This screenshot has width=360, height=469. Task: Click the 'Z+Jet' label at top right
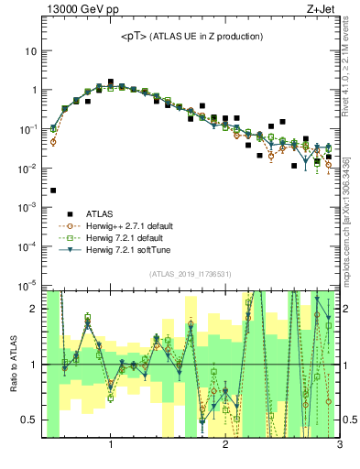321,10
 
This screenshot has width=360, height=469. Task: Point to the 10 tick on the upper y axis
30,51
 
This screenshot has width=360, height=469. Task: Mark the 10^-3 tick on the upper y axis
27,208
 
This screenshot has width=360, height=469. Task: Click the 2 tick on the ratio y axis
33,309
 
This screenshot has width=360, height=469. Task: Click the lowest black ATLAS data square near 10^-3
53,191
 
